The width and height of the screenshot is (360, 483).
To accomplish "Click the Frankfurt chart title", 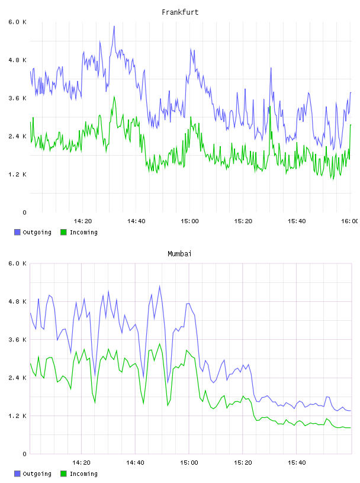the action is (180, 12).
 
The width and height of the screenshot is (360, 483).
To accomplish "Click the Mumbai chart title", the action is (179, 254).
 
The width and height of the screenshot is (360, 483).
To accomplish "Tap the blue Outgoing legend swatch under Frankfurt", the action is (17, 232).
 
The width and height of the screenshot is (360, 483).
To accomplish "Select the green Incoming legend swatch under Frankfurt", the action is (63, 232).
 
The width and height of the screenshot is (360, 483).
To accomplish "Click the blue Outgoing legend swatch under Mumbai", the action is (17, 474).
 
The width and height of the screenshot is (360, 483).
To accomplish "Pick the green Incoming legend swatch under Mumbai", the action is (63, 474).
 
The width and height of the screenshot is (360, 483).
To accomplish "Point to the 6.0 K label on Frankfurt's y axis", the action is (17, 22).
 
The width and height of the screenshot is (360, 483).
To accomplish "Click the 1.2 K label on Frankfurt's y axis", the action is (17, 175).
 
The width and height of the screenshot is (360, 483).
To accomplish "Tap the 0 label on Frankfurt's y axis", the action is (24, 212).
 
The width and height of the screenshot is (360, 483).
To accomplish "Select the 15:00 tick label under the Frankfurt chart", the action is (189, 221).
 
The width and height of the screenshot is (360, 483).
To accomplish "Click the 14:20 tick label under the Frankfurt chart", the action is (83, 221).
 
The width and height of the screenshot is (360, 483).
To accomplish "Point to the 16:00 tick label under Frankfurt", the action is (350, 221).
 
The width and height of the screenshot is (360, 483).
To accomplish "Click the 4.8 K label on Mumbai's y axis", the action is (17, 301).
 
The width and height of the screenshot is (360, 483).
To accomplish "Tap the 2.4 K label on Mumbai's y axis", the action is (17, 378).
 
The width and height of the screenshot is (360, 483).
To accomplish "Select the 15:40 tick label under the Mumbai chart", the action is (297, 463).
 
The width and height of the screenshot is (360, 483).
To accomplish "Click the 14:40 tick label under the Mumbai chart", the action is (135, 463).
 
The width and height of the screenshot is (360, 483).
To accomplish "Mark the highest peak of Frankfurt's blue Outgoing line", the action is (114, 26).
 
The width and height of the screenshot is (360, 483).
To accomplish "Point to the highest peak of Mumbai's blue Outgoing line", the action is (160, 286).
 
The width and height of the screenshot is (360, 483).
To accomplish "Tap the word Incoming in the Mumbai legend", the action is (83, 474).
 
